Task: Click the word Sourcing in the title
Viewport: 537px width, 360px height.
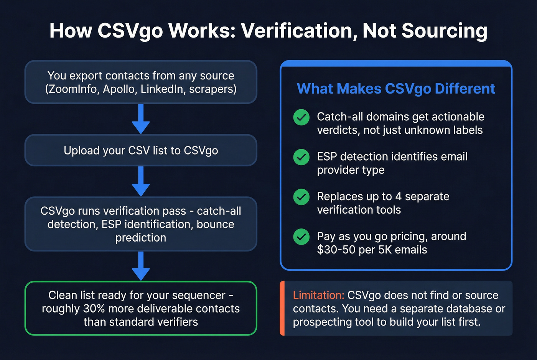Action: pyautogui.click(x=445, y=31)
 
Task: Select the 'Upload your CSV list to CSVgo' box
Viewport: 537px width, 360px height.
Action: pyautogui.click(x=141, y=150)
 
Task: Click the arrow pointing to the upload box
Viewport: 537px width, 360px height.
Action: pyautogui.click(x=141, y=119)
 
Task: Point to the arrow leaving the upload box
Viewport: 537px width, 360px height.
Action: pyautogui.click(x=141, y=181)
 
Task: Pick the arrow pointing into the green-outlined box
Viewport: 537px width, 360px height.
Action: pyautogui.click(x=141, y=266)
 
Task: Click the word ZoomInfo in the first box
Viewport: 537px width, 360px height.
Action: pyautogui.click(x=72, y=89)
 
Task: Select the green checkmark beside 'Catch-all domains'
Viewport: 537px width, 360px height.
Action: pyautogui.click(x=301, y=117)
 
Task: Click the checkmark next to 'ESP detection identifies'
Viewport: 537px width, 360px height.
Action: pyautogui.click(x=301, y=157)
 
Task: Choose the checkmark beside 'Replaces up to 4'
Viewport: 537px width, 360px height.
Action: pyautogui.click(x=301, y=197)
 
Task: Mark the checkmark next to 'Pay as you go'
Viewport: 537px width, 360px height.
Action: pyautogui.click(x=301, y=237)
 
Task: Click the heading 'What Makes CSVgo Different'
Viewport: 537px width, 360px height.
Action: pyautogui.click(x=396, y=89)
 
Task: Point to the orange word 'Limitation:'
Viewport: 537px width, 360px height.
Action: pyautogui.click(x=318, y=295)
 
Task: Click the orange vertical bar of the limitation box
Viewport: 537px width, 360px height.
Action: pyautogui.click(x=282, y=308)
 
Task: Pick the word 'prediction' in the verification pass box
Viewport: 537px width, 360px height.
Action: pyautogui.click(x=141, y=238)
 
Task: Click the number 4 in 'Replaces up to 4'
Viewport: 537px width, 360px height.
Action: pyautogui.click(x=398, y=196)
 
